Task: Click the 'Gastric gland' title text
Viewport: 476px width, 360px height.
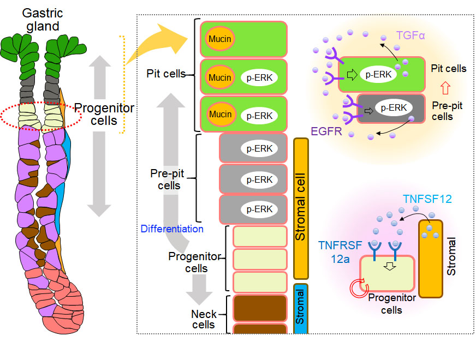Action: tap(43, 20)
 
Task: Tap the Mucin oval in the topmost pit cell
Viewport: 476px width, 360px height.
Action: tap(220, 39)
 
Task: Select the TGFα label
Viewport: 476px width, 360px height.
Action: tap(410, 35)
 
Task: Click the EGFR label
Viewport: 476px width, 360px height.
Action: tap(326, 131)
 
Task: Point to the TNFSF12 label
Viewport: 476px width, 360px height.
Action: tap(427, 199)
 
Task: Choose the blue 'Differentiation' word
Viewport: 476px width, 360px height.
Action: tap(172, 229)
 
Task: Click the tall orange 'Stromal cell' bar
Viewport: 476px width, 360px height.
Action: tap(301, 209)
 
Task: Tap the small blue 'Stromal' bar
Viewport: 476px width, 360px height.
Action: tap(301, 309)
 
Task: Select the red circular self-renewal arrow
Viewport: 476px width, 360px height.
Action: tap(359, 288)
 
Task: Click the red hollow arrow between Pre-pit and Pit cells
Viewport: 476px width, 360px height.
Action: tap(445, 88)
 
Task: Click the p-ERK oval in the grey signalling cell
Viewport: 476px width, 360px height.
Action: tap(394, 107)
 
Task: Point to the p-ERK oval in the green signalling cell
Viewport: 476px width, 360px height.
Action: tap(378, 74)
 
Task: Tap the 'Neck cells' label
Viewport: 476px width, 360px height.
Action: tap(204, 319)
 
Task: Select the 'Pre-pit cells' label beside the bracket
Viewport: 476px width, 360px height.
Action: tap(167, 179)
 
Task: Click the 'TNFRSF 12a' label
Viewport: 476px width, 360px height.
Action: tap(340, 252)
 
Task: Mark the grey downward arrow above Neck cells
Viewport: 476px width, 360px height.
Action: tap(199, 289)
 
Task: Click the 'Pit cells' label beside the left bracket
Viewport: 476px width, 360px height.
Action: tap(166, 74)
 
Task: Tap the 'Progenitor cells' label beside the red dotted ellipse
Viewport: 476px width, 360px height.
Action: tap(104, 115)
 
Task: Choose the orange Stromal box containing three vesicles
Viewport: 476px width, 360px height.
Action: tap(431, 259)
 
